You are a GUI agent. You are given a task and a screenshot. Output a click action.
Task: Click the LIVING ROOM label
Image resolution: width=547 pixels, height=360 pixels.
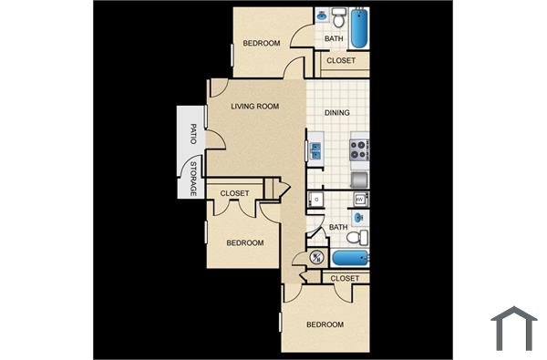tap(254, 107)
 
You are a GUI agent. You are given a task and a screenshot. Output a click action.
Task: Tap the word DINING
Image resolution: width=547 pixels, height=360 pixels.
tap(337, 114)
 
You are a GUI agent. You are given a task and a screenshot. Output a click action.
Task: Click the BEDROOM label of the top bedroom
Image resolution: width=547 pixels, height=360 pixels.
tap(261, 44)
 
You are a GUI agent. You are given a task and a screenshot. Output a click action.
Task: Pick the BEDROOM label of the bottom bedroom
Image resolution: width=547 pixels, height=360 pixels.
tap(325, 325)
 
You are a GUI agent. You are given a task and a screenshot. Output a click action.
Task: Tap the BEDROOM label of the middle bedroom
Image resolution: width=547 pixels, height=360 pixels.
tap(245, 243)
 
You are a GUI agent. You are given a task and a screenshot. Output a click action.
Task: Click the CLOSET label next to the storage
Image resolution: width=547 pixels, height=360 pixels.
tap(235, 193)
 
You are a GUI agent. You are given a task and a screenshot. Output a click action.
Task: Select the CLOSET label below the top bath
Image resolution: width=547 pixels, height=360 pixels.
tap(341, 62)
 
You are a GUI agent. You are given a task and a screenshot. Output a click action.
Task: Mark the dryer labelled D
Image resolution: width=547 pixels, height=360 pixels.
tap(316, 198)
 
